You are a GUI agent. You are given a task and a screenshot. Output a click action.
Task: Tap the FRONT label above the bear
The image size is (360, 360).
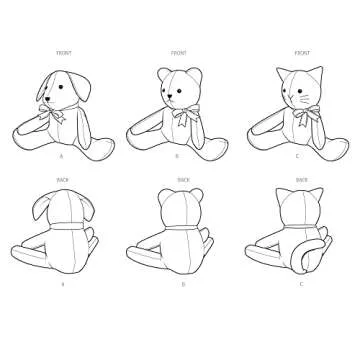coord(179,50)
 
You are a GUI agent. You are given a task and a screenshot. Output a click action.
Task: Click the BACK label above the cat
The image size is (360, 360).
coord(296,180)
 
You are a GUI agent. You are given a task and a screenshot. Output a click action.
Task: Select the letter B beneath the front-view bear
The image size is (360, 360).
coord(177,157)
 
